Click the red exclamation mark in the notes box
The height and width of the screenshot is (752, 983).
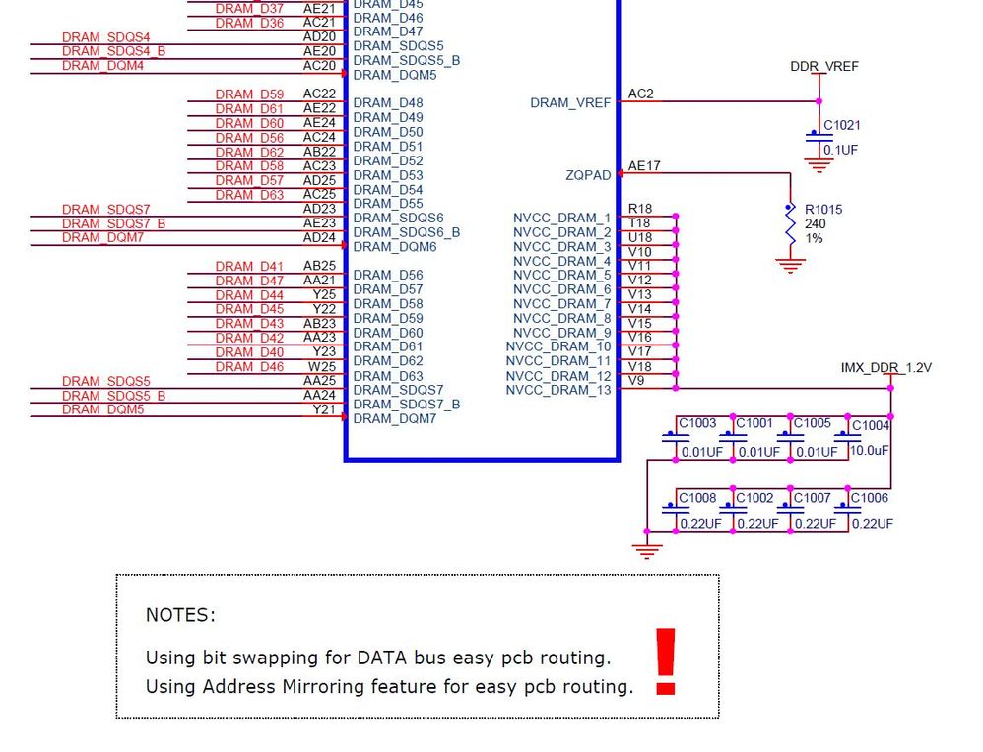pos(666,661)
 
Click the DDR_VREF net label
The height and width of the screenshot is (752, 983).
pos(824,67)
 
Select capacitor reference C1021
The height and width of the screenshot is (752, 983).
pos(842,125)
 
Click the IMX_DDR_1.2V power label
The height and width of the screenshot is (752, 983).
pos(885,368)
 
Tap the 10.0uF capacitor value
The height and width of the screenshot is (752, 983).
pos(870,450)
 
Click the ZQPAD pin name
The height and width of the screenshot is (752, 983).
pos(588,175)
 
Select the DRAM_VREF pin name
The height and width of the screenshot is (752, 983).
pos(570,102)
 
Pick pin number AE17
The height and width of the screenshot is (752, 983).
pos(644,166)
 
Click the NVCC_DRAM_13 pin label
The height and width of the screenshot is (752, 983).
pos(558,391)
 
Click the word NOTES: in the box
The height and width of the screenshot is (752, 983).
pos(180,615)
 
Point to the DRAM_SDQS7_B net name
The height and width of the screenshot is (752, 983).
pos(113,223)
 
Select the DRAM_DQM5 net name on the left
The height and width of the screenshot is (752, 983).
pos(102,409)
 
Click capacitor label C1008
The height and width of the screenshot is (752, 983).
pos(697,498)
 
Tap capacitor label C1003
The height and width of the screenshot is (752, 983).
pos(697,423)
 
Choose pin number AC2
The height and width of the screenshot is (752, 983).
pos(640,94)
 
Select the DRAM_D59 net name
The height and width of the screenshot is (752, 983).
pos(249,94)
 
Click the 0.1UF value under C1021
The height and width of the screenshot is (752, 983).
pos(841,150)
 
